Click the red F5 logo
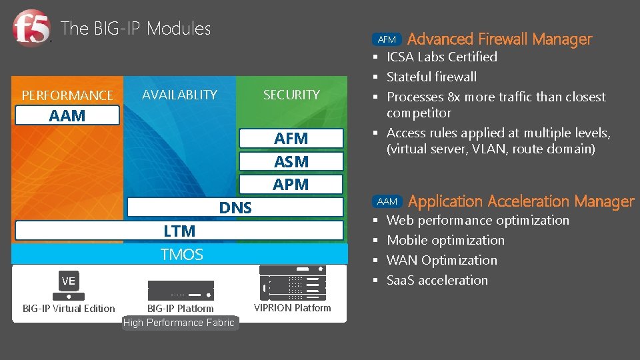[x=31, y=29]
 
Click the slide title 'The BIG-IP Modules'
[x=135, y=29]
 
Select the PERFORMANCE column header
[x=67, y=95]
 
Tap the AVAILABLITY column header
[x=179, y=95]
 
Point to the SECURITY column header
[x=291, y=95]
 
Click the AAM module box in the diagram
[x=67, y=115]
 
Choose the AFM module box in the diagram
[x=291, y=139]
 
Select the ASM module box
[x=291, y=161]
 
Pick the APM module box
[x=291, y=184]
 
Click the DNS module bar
[x=235, y=207]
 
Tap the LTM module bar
[x=179, y=231]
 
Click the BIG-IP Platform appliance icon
[x=181, y=290]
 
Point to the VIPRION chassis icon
[x=293, y=283]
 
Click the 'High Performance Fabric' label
[x=179, y=323]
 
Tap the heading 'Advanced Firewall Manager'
[x=499, y=39]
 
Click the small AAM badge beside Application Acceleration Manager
[x=387, y=201]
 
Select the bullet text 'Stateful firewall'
[x=431, y=77]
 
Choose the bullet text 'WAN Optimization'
[x=442, y=260]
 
